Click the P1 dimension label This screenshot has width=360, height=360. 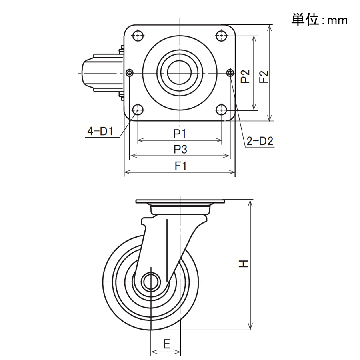click(180, 133)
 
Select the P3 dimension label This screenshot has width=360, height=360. click(180, 150)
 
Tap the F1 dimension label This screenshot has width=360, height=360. click(181, 166)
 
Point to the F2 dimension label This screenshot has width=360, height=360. click(264, 77)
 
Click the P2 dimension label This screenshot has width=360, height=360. click(245, 76)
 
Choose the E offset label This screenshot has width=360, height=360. click(167, 344)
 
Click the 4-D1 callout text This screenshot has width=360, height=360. click(100, 131)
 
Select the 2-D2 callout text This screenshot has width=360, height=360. click(260, 141)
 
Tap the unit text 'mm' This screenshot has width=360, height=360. click(337, 21)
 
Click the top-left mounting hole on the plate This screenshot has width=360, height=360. click(138, 36)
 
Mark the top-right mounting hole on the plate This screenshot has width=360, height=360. click(222, 36)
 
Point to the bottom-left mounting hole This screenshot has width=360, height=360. click(138, 110)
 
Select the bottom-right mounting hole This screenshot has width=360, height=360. click(222, 110)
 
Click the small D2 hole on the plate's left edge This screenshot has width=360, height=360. click(130, 73)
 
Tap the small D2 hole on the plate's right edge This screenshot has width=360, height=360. click(230, 73)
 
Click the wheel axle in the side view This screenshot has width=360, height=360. click(151, 282)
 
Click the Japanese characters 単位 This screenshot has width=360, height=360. click(305, 19)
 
